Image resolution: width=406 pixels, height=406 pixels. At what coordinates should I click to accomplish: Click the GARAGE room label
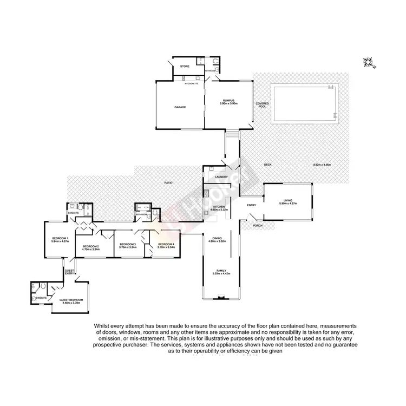pos(180,107)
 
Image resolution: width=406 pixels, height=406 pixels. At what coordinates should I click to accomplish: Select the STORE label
pos(185,67)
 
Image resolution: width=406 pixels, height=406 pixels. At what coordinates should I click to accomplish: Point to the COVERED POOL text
pos(263,105)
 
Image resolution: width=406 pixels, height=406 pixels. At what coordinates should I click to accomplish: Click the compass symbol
pos(370,63)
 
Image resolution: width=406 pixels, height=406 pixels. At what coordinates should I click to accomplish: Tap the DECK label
pos(267,165)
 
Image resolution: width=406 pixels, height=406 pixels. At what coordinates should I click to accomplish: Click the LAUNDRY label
pos(220,177)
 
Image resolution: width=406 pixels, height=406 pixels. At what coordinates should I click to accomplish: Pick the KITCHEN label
pos(219,207)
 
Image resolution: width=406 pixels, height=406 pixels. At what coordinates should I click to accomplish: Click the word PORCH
pos(257,225)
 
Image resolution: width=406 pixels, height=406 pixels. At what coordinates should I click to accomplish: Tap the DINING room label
pos(217,238)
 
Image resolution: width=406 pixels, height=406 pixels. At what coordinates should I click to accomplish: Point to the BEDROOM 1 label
pos(60,239)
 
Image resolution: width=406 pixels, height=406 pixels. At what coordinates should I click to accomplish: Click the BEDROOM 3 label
pos(127,244)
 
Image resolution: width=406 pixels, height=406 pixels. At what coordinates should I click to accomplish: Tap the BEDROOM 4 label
pos(166,244)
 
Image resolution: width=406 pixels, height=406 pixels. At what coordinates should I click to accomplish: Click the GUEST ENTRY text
pos(70,272)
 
